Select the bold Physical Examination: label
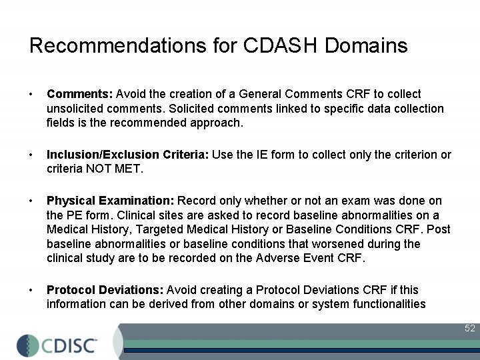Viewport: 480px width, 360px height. pos(111,201)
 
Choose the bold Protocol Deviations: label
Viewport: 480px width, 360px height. pos(105,290)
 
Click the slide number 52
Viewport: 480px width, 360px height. pos(470,328)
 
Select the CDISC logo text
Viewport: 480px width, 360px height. pos(71,346)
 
